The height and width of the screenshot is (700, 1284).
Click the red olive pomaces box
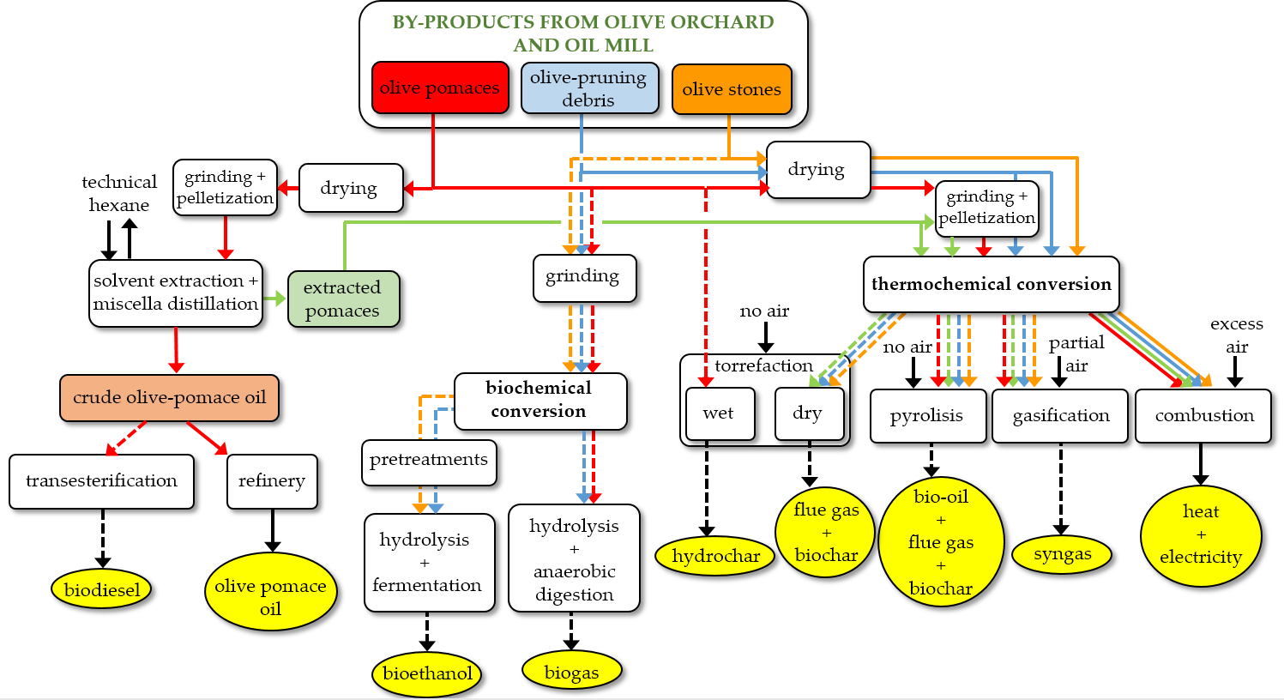(440, 87)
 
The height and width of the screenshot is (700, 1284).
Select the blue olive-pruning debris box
(589, 87)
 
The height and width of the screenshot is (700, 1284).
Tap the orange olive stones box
(732, 89)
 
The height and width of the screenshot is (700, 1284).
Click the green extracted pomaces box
(343, 299)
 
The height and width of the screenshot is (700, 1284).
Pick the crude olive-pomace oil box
(169, 398)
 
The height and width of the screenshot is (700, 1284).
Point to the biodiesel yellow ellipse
(101, 589)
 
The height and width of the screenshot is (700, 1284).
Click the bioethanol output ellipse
(427, 673)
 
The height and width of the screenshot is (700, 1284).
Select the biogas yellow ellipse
(571, 672)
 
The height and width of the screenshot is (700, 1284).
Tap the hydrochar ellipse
(715, 556)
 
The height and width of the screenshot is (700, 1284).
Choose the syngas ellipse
(1062, 554)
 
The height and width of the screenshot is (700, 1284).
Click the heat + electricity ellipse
(1201, 535)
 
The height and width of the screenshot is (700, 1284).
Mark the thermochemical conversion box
(991, 284)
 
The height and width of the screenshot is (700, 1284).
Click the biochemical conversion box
(540, 401)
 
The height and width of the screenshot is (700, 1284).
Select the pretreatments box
(429, 462)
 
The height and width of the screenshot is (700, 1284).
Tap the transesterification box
(101, 481)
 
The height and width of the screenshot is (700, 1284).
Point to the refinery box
(272, 481)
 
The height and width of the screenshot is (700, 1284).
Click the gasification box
(1060, 416)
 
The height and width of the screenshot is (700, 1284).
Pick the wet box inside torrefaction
(720, 414)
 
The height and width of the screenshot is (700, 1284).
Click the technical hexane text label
(119, 193)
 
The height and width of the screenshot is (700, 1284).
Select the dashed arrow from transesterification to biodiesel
(103, 539)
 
